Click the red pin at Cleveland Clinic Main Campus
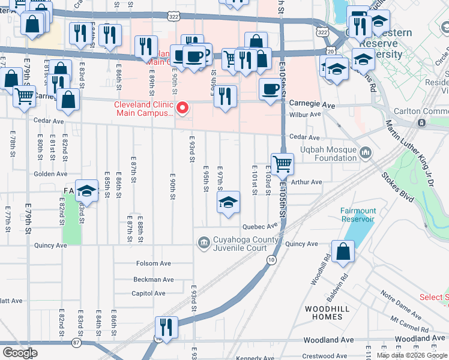click(x=183, y=108)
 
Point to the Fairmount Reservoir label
click(x=358, y=215)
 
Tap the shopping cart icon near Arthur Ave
click(x=282, y=164)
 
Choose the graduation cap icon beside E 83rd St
click(x=87, y=191)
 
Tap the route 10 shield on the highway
click(x=271, y=259)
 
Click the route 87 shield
click(x=76, y=343)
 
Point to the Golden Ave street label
click(x=50, y=173)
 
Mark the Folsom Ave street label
click(x=154, y=263)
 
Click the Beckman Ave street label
click(x=154, y=280)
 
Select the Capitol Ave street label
click(x=149, y=293)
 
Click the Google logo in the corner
click(x=20, y=352)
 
